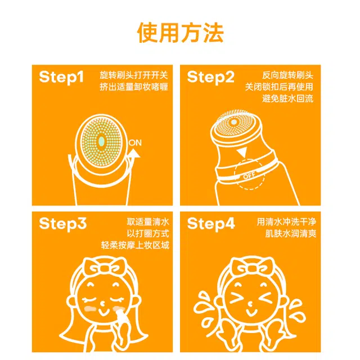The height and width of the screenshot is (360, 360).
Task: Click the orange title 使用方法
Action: point(180,33)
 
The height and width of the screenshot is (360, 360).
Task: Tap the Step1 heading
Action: point(61,78)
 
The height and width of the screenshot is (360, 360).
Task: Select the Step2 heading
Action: point(211,78)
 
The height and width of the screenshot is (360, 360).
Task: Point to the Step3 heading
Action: point(62,224)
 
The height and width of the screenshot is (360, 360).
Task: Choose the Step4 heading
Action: point(211,224)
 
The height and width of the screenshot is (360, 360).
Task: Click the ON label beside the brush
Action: point(135,143)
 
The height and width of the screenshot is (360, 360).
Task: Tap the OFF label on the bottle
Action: point(249,175)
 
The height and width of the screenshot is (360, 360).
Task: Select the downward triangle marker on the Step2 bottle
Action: point(242,152)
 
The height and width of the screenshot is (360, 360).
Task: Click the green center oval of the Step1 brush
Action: point(101,141)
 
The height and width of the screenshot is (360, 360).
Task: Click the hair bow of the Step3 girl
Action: point(105,267)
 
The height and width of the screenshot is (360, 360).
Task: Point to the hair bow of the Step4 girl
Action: point(252,267)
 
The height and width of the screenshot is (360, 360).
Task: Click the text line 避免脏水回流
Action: point(287,99)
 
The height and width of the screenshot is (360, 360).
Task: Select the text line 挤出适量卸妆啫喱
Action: point(134,87)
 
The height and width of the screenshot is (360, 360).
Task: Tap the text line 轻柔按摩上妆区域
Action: point(135,245)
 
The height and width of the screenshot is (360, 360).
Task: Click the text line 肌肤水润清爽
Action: point(291,233)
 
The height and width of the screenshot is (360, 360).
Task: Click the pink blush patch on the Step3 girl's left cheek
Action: point(90,309)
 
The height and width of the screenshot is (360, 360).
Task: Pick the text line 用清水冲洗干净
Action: point(286,222)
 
